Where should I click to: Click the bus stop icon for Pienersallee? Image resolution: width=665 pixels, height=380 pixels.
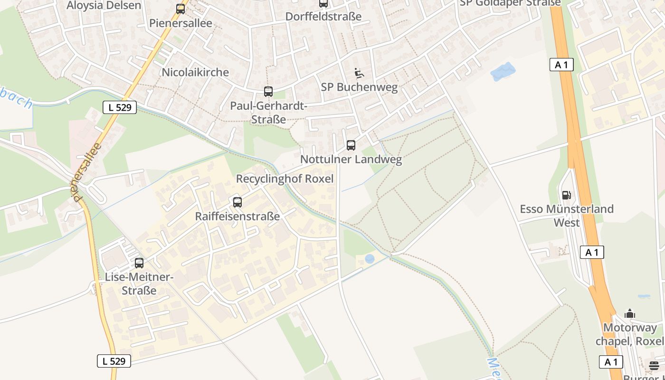click(180, 9)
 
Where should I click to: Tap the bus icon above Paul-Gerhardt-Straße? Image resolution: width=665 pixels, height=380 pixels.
click(268, 91)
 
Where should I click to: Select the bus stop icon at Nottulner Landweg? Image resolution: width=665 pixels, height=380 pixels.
click(351, 145)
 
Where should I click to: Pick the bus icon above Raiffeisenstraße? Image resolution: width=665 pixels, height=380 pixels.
click(237, 202)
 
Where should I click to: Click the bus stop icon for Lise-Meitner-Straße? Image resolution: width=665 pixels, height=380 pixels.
click(139, 263)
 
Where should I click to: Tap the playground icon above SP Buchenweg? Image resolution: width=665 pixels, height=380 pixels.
click(359, 73)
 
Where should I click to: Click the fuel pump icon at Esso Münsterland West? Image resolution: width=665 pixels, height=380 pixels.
click(566, 195)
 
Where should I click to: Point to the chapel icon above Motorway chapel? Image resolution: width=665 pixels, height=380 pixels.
click(630, 313)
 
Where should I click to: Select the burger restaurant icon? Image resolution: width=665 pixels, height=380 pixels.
click(654, 365)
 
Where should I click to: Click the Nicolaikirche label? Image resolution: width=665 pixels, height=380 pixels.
click(195, 72)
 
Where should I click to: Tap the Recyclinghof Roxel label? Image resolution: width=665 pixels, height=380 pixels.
click(285, 179)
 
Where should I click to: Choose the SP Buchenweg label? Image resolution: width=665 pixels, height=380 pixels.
click(359, 87)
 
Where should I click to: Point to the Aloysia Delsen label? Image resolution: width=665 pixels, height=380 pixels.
click(104, 6)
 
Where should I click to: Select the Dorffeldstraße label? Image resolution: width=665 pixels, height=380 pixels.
click(323, 17)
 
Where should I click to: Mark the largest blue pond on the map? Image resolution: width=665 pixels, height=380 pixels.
click(503, 71)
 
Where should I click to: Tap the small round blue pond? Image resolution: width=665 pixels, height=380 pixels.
click(370, 258)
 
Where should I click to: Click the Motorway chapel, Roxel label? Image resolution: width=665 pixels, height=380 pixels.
click(630, 334)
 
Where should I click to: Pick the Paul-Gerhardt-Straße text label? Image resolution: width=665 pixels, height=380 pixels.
click(268, 113)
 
